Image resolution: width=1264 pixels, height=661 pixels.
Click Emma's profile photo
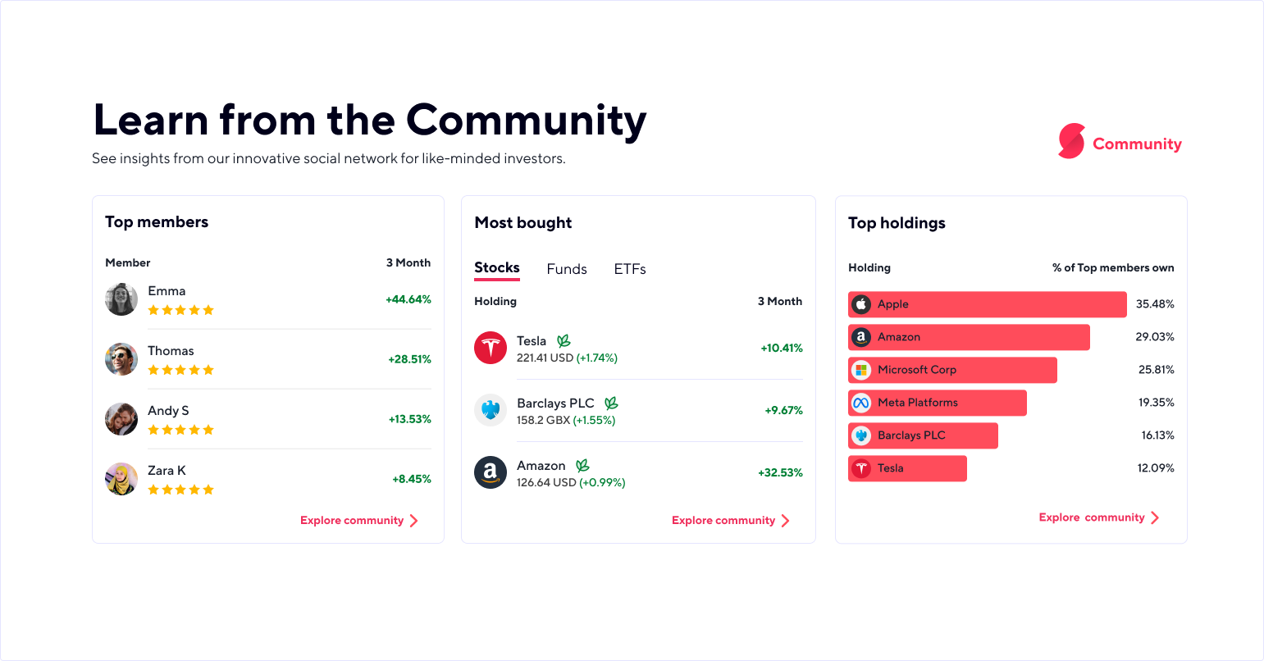tap(121, 299)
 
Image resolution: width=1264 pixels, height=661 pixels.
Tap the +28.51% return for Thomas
tap(409, 359)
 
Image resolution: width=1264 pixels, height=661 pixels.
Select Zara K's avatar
tap(121, 479)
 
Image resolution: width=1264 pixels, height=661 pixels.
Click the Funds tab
tap(567, 269)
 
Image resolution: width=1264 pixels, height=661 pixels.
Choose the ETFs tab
tap(630, 269)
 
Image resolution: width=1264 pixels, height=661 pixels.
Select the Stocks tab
tap(497, 268)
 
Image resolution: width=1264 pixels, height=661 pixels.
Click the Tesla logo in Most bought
tap(491, 348)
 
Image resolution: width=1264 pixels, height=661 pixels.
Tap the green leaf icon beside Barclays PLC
tap(611, 403)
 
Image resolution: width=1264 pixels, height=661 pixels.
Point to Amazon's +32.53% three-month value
tap(780, 472)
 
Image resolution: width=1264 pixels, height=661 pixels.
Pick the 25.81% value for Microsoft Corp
tap(1156, 370)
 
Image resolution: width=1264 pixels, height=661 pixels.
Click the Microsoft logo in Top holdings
tap(860, 370)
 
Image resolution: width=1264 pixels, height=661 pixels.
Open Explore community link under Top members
tap(359, 521)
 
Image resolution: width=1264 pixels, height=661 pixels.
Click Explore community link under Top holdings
tap(1098, 517)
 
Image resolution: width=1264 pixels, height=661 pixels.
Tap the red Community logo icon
tap(1071, 141)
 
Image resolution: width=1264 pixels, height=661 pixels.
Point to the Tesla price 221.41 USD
tap(545, 358)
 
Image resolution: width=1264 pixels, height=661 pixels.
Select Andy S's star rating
tap(180, 430)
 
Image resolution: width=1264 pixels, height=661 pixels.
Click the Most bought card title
tap(523, 223)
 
